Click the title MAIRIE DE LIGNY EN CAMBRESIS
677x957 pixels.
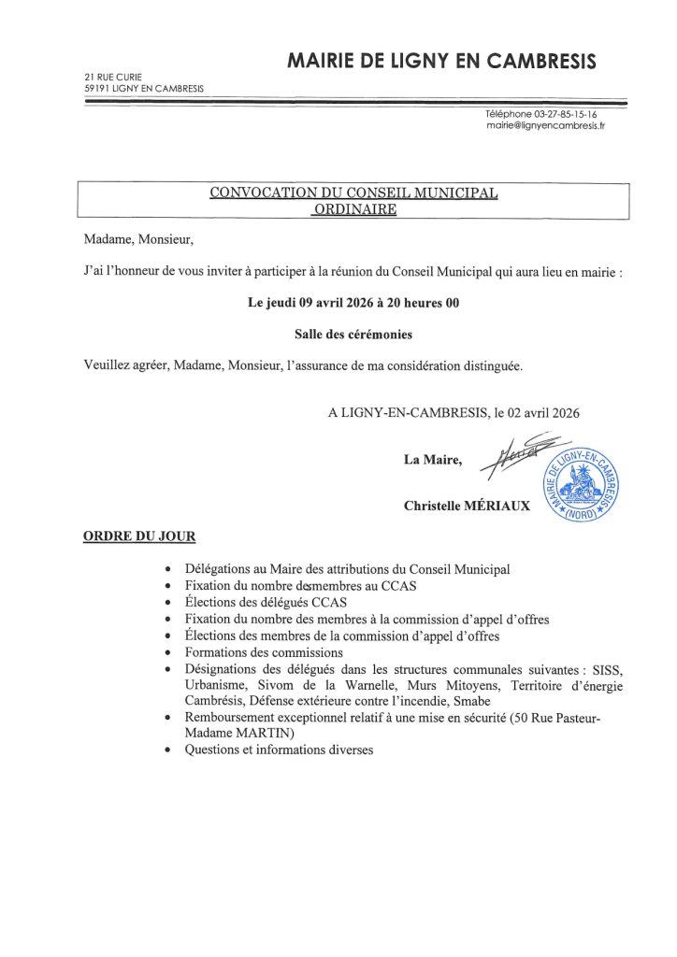(x=440, y=62)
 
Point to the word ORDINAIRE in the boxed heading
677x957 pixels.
(x=353, y=209)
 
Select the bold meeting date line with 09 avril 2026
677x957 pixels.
(x=353, y=303)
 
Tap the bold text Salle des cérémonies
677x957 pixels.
(x=353, y=334)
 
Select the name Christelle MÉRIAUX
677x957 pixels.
(x=467, y=506)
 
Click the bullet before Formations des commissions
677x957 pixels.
(x=166, y=653)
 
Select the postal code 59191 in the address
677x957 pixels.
(x=96, y=88)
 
